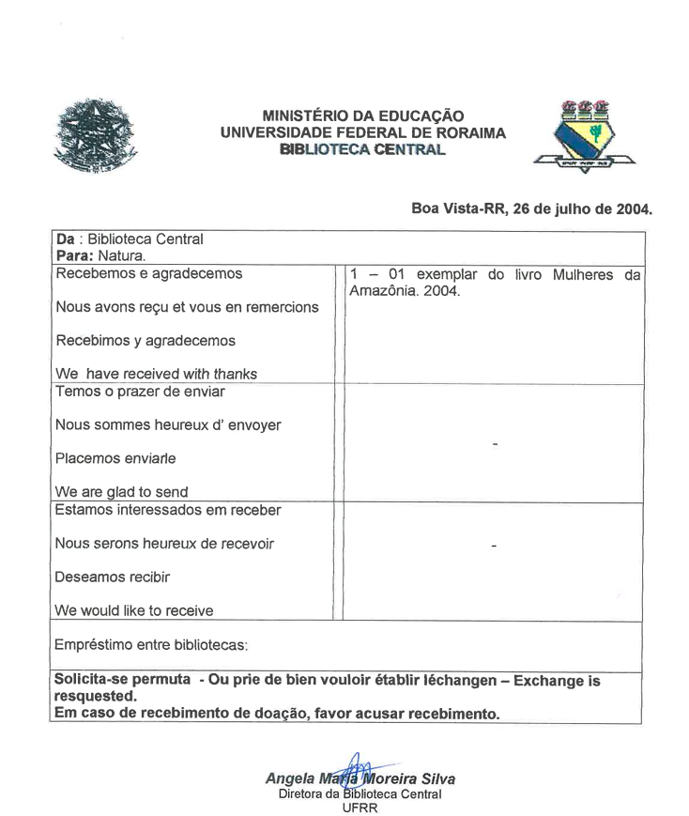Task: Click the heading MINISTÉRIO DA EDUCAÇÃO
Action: [x=362, y=115]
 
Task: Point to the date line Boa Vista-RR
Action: [x=531, y=208]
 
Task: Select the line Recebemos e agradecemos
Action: [x=149, y=273]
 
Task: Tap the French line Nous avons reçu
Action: [x=187, y=307]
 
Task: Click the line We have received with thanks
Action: [x=157, y=374]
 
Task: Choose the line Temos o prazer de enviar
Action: [x=141, y=391]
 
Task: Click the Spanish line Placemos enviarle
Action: [x=115, y=458]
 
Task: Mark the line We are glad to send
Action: [x=122, y=492]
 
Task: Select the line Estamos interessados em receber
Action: [x=169, y=510]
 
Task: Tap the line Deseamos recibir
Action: [x=113, y=577]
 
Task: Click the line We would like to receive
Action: [x=134, y=611]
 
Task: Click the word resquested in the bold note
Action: [x=95, y=697]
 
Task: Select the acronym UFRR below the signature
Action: [x=360, y=807]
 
